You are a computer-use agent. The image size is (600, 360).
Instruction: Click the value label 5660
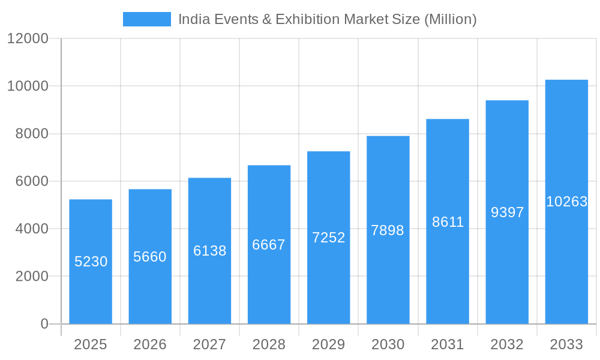click(x=150, y=257)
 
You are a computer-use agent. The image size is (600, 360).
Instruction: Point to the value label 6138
click(x=209, y=251)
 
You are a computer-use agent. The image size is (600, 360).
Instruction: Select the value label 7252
click(x=329, y=238)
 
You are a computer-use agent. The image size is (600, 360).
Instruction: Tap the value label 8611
click(x=448, y=222)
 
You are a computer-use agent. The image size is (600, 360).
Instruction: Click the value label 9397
click(x=507, y=212)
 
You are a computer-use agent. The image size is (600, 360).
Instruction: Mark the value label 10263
click(x=566, y=202)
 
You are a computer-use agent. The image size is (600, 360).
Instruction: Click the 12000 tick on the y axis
click(x=28, y=38)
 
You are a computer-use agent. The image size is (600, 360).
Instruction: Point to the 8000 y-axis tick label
click(x=32, y=134)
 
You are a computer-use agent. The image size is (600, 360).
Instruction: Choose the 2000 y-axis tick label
click(x=32, y=277)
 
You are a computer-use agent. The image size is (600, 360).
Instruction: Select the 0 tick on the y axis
click(x=44, y=324)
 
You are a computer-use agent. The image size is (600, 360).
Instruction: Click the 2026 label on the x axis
click(x=150, y=344)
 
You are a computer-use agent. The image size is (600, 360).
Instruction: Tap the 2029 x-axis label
click(x=329, y=344)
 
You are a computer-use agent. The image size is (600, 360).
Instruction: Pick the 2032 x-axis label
click(x=507, y=344)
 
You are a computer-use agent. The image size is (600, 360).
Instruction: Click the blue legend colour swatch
click(x=147, y=19)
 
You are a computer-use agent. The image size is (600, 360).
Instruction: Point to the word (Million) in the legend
click(x=450, y=19)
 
